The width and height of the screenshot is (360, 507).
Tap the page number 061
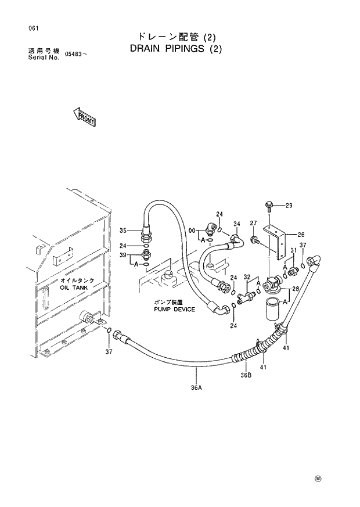[24, 28]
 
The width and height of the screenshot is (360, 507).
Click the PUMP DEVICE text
[174, 310]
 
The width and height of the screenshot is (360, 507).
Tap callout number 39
[123, 255]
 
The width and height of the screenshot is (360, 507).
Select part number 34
[236, 224]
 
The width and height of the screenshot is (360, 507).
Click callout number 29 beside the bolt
[289, 206]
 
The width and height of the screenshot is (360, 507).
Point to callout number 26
[301, 235]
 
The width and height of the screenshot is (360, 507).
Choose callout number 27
[253, 223]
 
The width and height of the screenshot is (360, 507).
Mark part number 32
[247, 277]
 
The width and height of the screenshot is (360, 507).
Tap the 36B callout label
[245, 375]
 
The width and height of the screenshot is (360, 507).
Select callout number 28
[296, 289]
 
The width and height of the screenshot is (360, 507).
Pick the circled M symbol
[318, 478]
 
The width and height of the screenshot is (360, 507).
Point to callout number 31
[293, 250]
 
